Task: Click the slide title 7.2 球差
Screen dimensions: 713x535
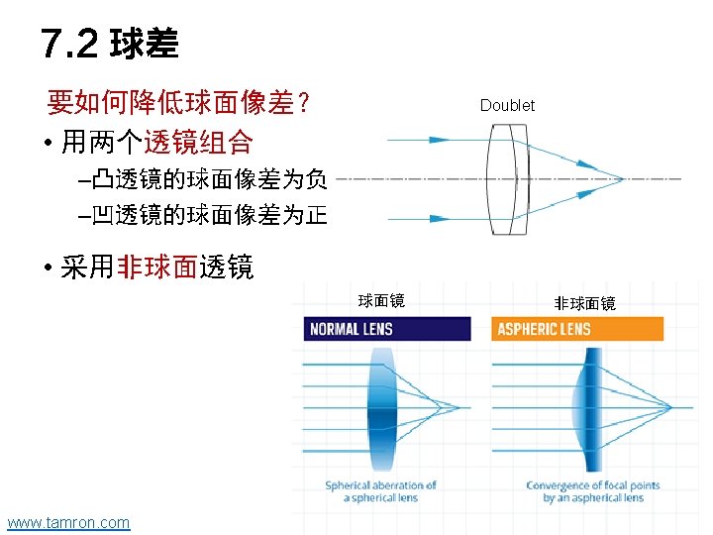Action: (x=110, y=43)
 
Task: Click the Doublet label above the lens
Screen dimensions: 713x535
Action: (x=507, y=105)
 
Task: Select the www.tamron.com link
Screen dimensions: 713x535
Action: (x=68, y=522)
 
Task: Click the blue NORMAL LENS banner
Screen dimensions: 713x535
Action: (x=386, y=329)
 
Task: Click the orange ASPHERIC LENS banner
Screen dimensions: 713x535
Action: (x=576, y=329)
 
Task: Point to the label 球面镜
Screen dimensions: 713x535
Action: (x=380, y=301)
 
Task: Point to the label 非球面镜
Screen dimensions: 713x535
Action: (x=584, y=303)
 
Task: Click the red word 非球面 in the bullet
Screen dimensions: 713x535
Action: (x=157, y=267)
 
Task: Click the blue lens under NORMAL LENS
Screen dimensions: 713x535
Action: (x=381, y=406)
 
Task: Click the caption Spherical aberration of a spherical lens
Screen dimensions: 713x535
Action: (x=381, y=491)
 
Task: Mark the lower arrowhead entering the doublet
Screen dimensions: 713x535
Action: (x=436, y=216)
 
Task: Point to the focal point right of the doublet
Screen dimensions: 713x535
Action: (x=622, y=180)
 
